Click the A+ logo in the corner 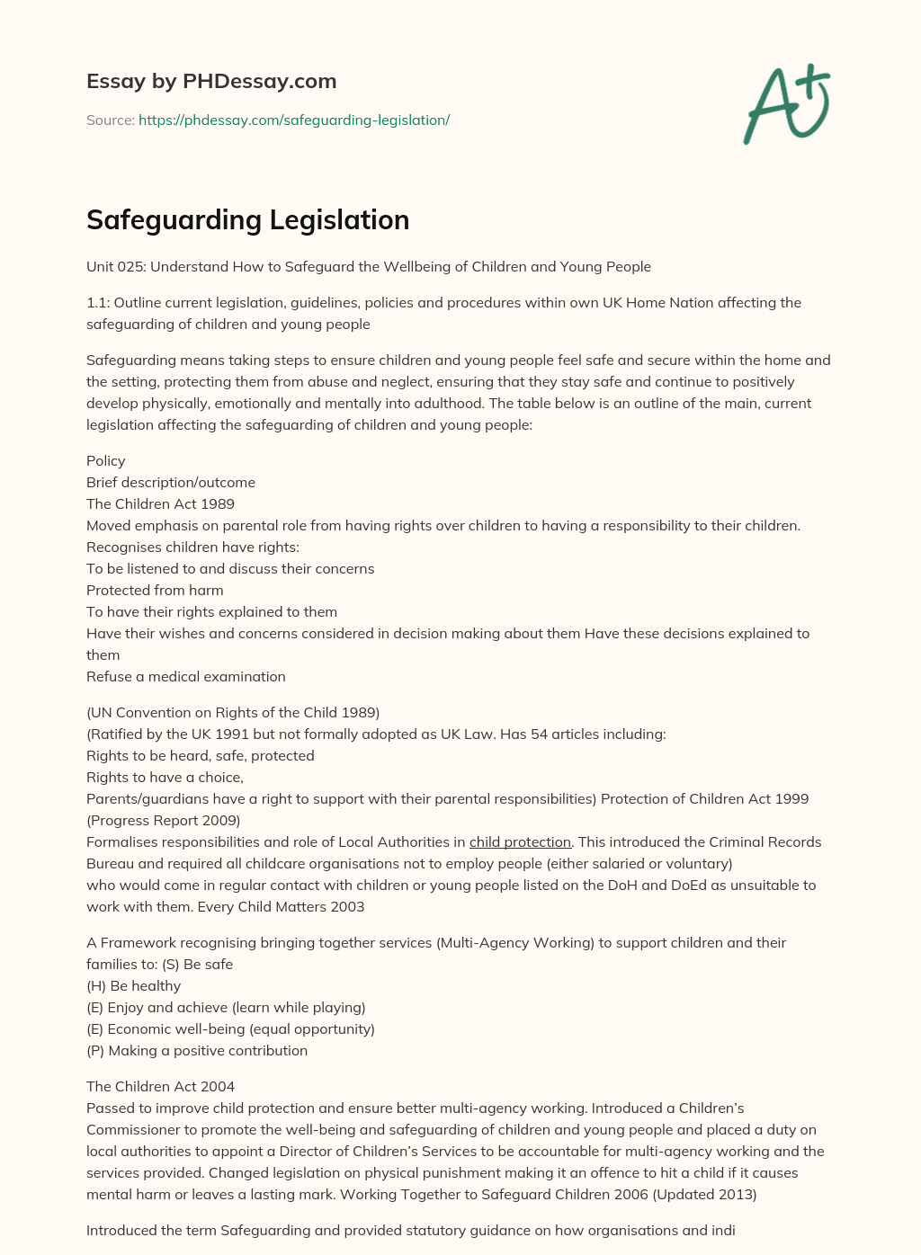787,105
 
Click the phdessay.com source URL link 294,120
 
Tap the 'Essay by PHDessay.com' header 211,81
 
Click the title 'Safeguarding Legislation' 247,219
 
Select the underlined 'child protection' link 520,841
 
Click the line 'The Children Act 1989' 160,503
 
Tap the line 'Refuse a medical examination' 185,676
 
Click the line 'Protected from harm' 155,590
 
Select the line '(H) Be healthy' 133,985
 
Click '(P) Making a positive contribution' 197,1050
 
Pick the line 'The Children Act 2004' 160,1086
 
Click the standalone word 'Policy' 106,460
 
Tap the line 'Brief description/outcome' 171,482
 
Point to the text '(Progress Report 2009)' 163,820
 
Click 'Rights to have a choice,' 165,777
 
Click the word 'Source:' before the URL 110,120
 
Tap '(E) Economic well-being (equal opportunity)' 230,1028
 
